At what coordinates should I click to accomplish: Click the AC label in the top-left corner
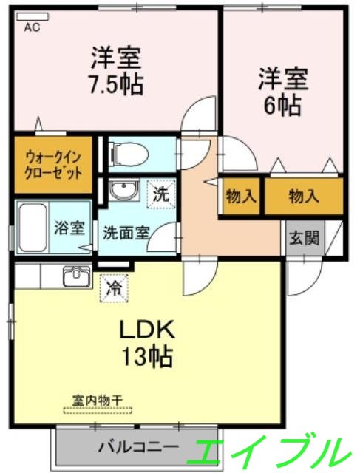coord(32,28)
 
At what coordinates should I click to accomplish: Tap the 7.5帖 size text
coord(116,81)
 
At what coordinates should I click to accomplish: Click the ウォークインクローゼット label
coord(49,163)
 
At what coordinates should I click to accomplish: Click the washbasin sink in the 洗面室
coord(121,192)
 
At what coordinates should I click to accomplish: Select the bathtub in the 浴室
coord(31,228)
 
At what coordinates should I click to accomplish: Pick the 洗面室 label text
coord(126,230)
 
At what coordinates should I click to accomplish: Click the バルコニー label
coord(137,447)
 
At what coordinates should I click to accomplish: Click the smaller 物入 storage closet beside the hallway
coord(241,197)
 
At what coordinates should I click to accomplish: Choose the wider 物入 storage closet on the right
coord(304,197)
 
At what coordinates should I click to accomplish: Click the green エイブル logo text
coord(270,449)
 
